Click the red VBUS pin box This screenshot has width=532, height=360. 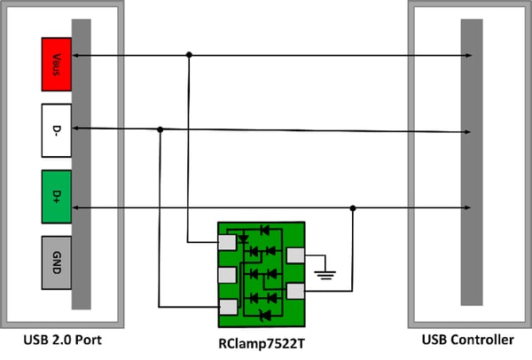(x=56, y=63)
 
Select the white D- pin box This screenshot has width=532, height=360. (x=56, y=129)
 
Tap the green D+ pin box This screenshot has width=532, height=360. (x=56, y=196)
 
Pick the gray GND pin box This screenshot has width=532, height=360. (x=56, y=262)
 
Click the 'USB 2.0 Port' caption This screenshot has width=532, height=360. (x=62, y=340)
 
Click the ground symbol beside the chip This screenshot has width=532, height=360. (x=328, y=273)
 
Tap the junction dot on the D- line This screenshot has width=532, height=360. (x=160, y=129)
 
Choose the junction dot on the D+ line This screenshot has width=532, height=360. (x=353, y=209)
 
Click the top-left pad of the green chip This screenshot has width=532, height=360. (x=228, y=240)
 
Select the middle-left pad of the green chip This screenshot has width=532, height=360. (x=228, y=274)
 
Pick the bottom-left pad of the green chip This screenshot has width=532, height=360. (x=228, y=307)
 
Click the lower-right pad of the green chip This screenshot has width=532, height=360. (x=295, y=291)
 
